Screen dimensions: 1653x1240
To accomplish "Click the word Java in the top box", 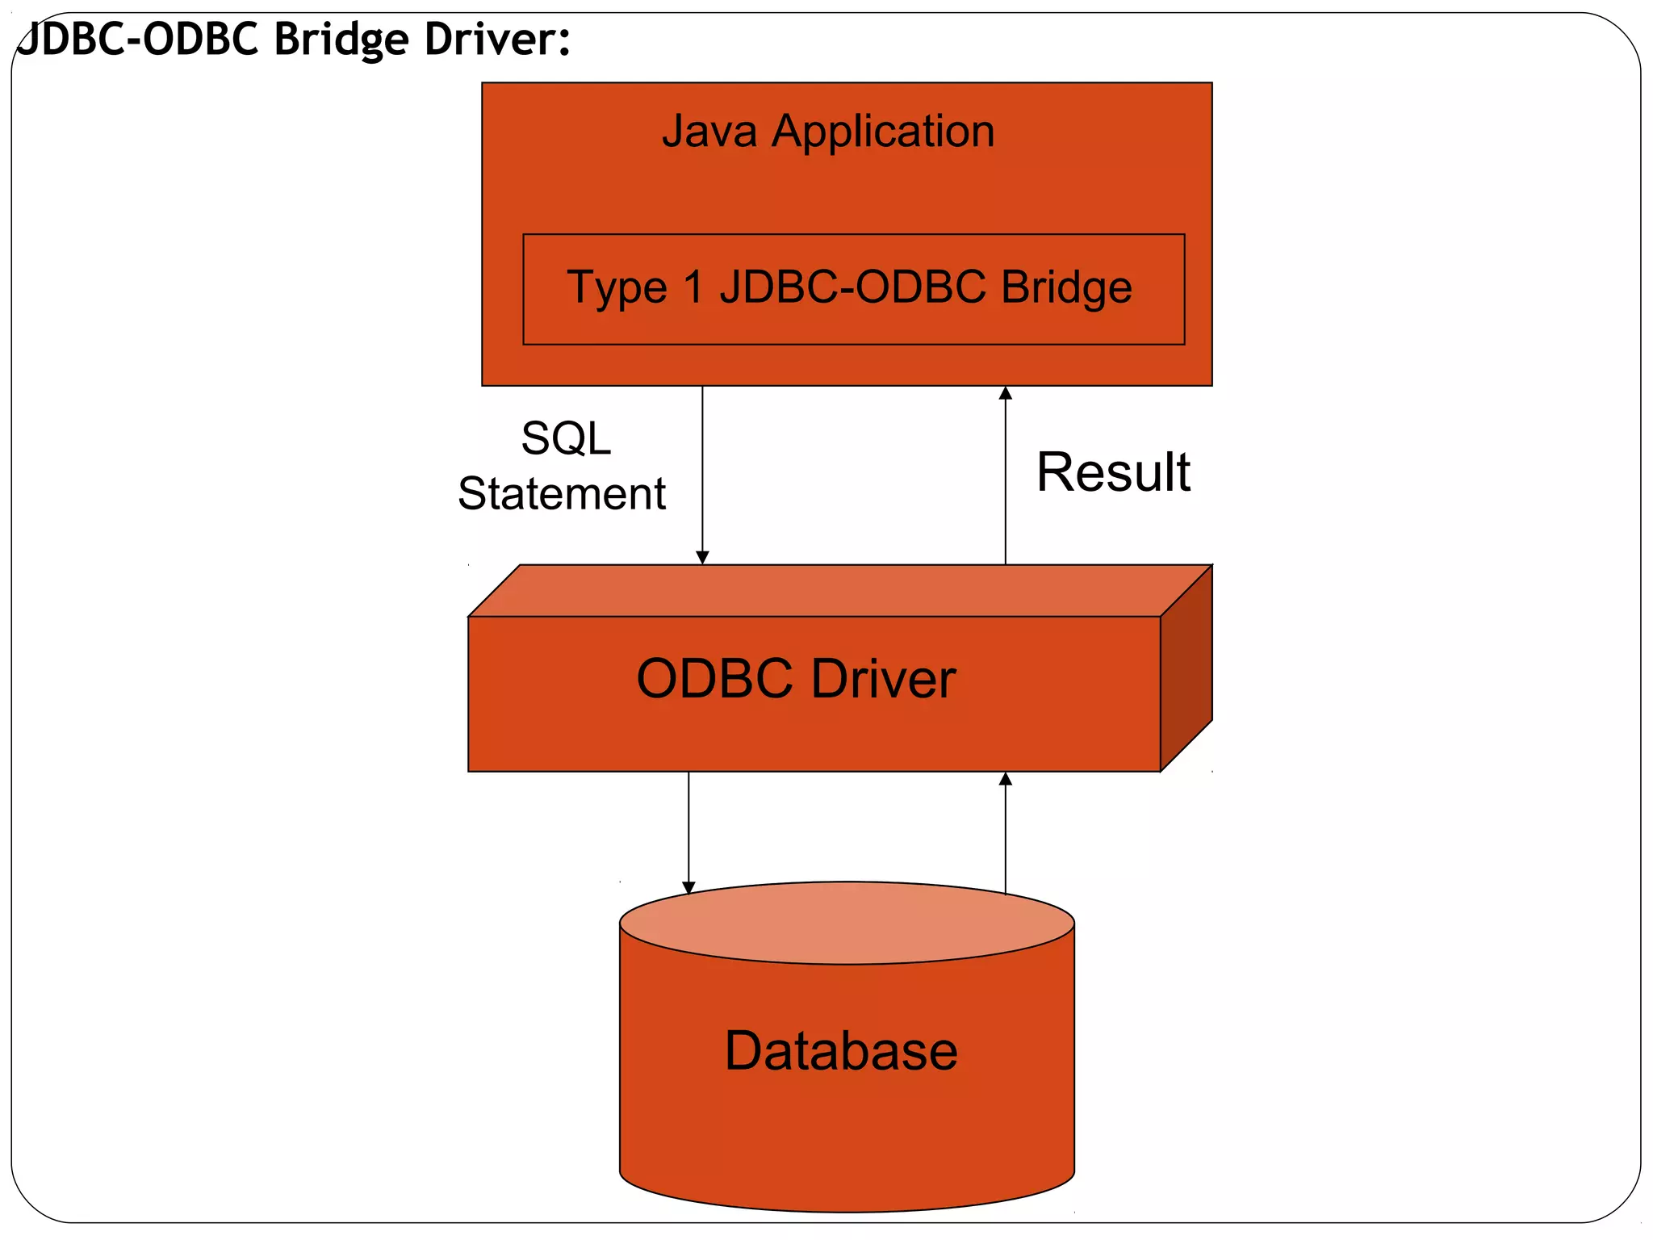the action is (709, 131).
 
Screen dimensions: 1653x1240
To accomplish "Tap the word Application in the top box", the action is (883, 131).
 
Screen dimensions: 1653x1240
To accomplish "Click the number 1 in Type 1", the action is (694, 287).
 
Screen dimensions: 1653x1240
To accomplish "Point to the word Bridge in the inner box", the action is (1066, 287).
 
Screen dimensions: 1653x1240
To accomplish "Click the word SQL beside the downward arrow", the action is (566, 439).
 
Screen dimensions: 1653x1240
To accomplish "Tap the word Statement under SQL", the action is (562, 494).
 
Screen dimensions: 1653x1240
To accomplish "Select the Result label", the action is (1113, 472).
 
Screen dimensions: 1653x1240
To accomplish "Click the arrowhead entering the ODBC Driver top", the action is (702, 558).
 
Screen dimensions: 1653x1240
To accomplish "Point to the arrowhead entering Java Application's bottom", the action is (1006, 393).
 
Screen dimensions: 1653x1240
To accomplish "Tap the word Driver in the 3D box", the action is (883, 679).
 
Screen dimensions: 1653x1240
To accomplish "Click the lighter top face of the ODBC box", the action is (839, 591).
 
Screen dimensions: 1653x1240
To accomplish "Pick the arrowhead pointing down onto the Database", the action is (688, 888).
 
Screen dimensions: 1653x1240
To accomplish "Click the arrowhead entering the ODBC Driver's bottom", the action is (1006, 779).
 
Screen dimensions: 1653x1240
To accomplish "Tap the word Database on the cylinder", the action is (841, 1051).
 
